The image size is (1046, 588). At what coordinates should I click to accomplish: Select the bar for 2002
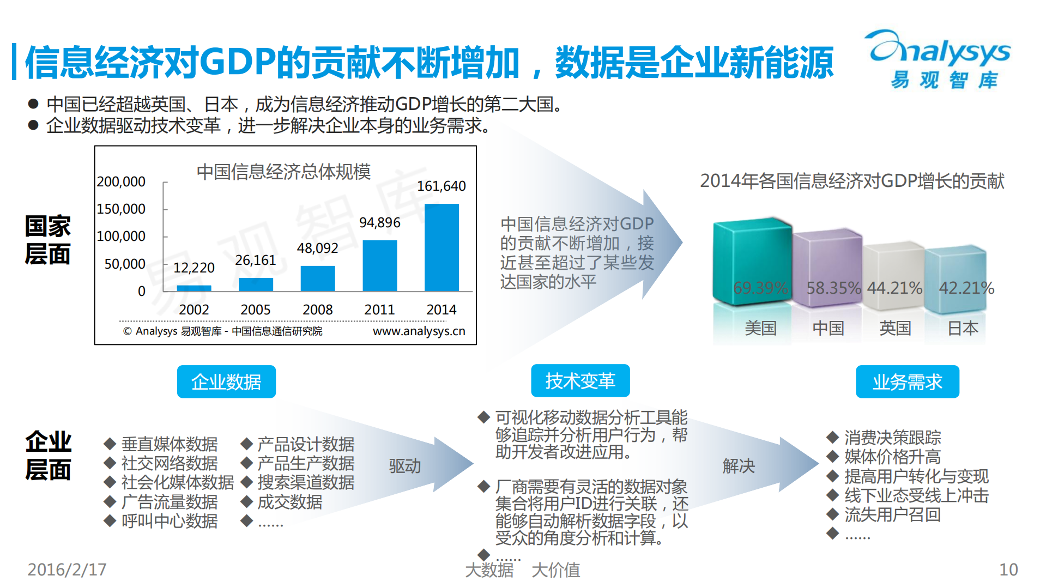(x=194, y=288)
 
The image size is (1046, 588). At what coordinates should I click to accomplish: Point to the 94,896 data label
(x=379, y=223)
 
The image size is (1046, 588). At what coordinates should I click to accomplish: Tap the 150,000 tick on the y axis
(x=121, y=209)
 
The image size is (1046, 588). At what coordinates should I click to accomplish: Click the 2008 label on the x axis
(x=317, y=310)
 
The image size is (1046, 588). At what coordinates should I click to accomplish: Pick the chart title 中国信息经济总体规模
(x=283, y=172)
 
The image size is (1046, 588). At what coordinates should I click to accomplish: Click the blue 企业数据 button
(x=226, y=381)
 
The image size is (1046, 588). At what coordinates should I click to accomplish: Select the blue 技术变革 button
(x=580, y=381)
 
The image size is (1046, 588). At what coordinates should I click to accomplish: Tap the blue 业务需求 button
(x=907, y=381)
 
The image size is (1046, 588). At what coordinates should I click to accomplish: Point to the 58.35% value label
(x=833, y=288)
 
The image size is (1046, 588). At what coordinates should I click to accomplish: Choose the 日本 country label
(x=963, y=328)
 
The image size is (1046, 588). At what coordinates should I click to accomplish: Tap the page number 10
(x=1008, y=569)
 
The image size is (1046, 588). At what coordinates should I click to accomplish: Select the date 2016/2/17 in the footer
(x=67, y=569)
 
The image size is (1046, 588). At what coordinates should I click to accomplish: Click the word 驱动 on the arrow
(x=404, y=466)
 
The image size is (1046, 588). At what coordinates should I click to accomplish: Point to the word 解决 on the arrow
(x=739, y=466)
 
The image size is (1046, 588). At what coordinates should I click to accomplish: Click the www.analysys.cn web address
(x=419, y=331)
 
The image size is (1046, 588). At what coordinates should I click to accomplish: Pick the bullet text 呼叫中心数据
(x=170, y=521)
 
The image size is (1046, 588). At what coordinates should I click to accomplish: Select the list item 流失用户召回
(x=892, y=514)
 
